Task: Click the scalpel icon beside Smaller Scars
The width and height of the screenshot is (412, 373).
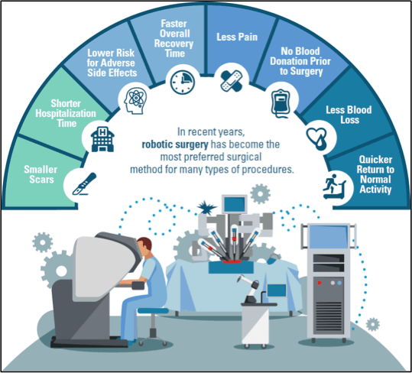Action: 84,184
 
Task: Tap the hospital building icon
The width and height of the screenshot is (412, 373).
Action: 102,139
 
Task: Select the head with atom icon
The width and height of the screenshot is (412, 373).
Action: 135,101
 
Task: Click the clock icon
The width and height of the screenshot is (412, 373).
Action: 183,82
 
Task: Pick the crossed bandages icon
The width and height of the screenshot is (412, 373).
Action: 232,81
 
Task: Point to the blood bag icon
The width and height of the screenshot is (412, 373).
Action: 281,103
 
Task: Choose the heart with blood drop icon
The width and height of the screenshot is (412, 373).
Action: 317,138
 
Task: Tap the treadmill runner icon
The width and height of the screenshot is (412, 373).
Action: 334,186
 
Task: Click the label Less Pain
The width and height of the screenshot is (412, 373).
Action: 237,37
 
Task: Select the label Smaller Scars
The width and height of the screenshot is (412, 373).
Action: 41,174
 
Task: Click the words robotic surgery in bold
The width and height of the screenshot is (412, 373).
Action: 175,144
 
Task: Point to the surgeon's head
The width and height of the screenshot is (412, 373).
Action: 144,247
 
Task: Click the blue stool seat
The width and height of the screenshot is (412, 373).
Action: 153,311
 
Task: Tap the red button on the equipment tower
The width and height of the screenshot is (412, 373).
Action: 320,283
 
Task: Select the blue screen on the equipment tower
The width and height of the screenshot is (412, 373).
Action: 329,236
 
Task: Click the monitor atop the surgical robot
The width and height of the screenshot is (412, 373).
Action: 235,204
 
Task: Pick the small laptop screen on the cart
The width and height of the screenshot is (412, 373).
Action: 277,290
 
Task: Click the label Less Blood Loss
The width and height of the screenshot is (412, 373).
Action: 349,115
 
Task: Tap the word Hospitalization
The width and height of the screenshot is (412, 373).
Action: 66,113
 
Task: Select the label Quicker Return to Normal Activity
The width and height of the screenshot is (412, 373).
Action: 375,174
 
